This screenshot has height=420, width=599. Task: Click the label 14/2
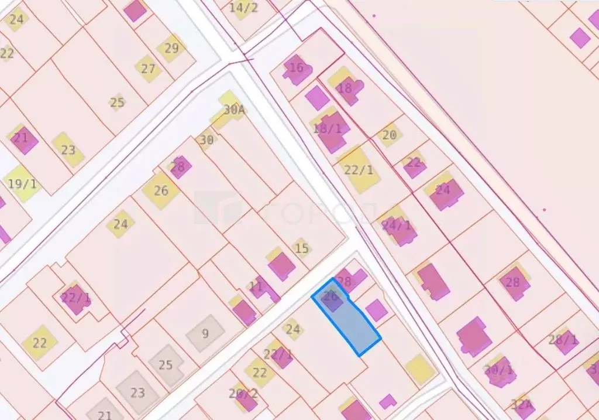(243, 8)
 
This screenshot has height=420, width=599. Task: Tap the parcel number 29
(171, 48)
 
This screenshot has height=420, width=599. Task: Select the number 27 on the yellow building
(148, 69)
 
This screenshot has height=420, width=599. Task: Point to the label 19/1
(22, 183)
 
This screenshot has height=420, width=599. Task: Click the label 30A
(233, 110)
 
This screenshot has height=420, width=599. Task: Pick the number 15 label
(301, 248)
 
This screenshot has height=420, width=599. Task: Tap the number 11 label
(256, 287)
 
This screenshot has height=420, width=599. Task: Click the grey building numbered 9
(205, 334)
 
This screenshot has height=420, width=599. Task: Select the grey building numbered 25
(166, 365)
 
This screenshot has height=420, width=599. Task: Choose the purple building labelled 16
(297, 68)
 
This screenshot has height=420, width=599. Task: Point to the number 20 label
(389, 135)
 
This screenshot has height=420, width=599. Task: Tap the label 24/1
(397, 224)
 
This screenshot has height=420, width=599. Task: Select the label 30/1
(498, 370)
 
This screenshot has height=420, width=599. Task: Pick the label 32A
(521, 404)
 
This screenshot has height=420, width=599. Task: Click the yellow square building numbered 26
(161, 190)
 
